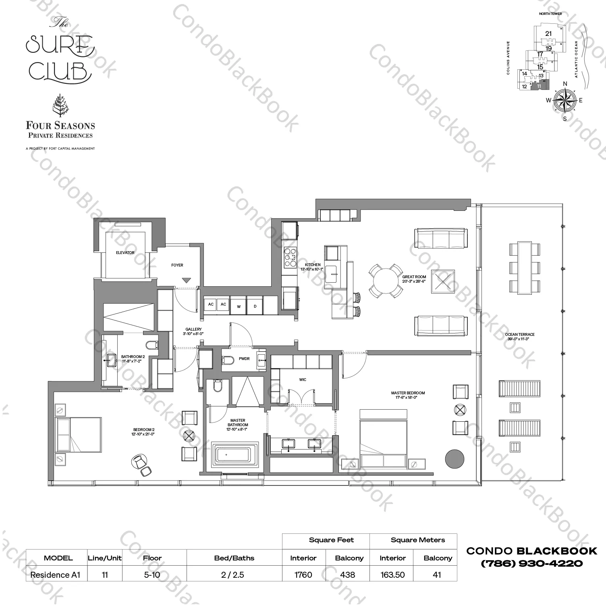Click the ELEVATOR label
point(125,252)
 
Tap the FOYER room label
point(177,265)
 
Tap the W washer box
point(239,306)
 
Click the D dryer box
point(255,306)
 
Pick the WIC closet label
point(303,379)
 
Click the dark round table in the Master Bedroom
point(454,458)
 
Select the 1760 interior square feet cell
point(303,575)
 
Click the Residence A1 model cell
point(56,575)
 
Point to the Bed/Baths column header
point(234,558)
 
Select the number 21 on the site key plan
point(548,34)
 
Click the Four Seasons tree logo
point(60,106)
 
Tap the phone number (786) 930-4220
point(532,563)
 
